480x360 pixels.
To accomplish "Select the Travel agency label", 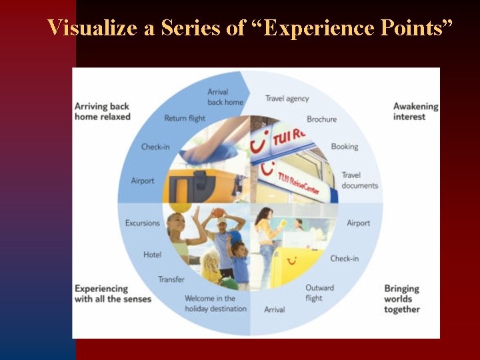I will pos(287,99).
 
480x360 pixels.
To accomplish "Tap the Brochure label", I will pos(321,119).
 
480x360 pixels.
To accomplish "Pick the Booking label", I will pos(344,147).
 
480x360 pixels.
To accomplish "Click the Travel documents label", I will pos(359,181).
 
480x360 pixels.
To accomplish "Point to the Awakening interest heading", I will pos(415,111).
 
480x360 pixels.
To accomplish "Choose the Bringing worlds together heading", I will pos(401,299).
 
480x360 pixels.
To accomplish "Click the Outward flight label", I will pos(319,293).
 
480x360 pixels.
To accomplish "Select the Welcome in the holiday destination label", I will pos(215,303).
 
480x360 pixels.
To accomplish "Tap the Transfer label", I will pos(171,279).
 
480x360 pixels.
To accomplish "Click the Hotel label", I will pos(152,255).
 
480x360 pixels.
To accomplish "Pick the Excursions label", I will pos(143,223).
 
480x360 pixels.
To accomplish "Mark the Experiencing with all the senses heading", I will pos(113,294).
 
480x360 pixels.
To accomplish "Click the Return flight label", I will pos(185,119).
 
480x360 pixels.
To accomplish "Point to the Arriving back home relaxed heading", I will pos(102,111).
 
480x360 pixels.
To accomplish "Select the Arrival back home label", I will pos(225,97).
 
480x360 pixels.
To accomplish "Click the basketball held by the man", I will pos(219,213).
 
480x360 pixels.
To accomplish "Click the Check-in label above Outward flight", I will pos(344,259).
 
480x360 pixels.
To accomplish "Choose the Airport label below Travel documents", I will pos(358,223).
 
